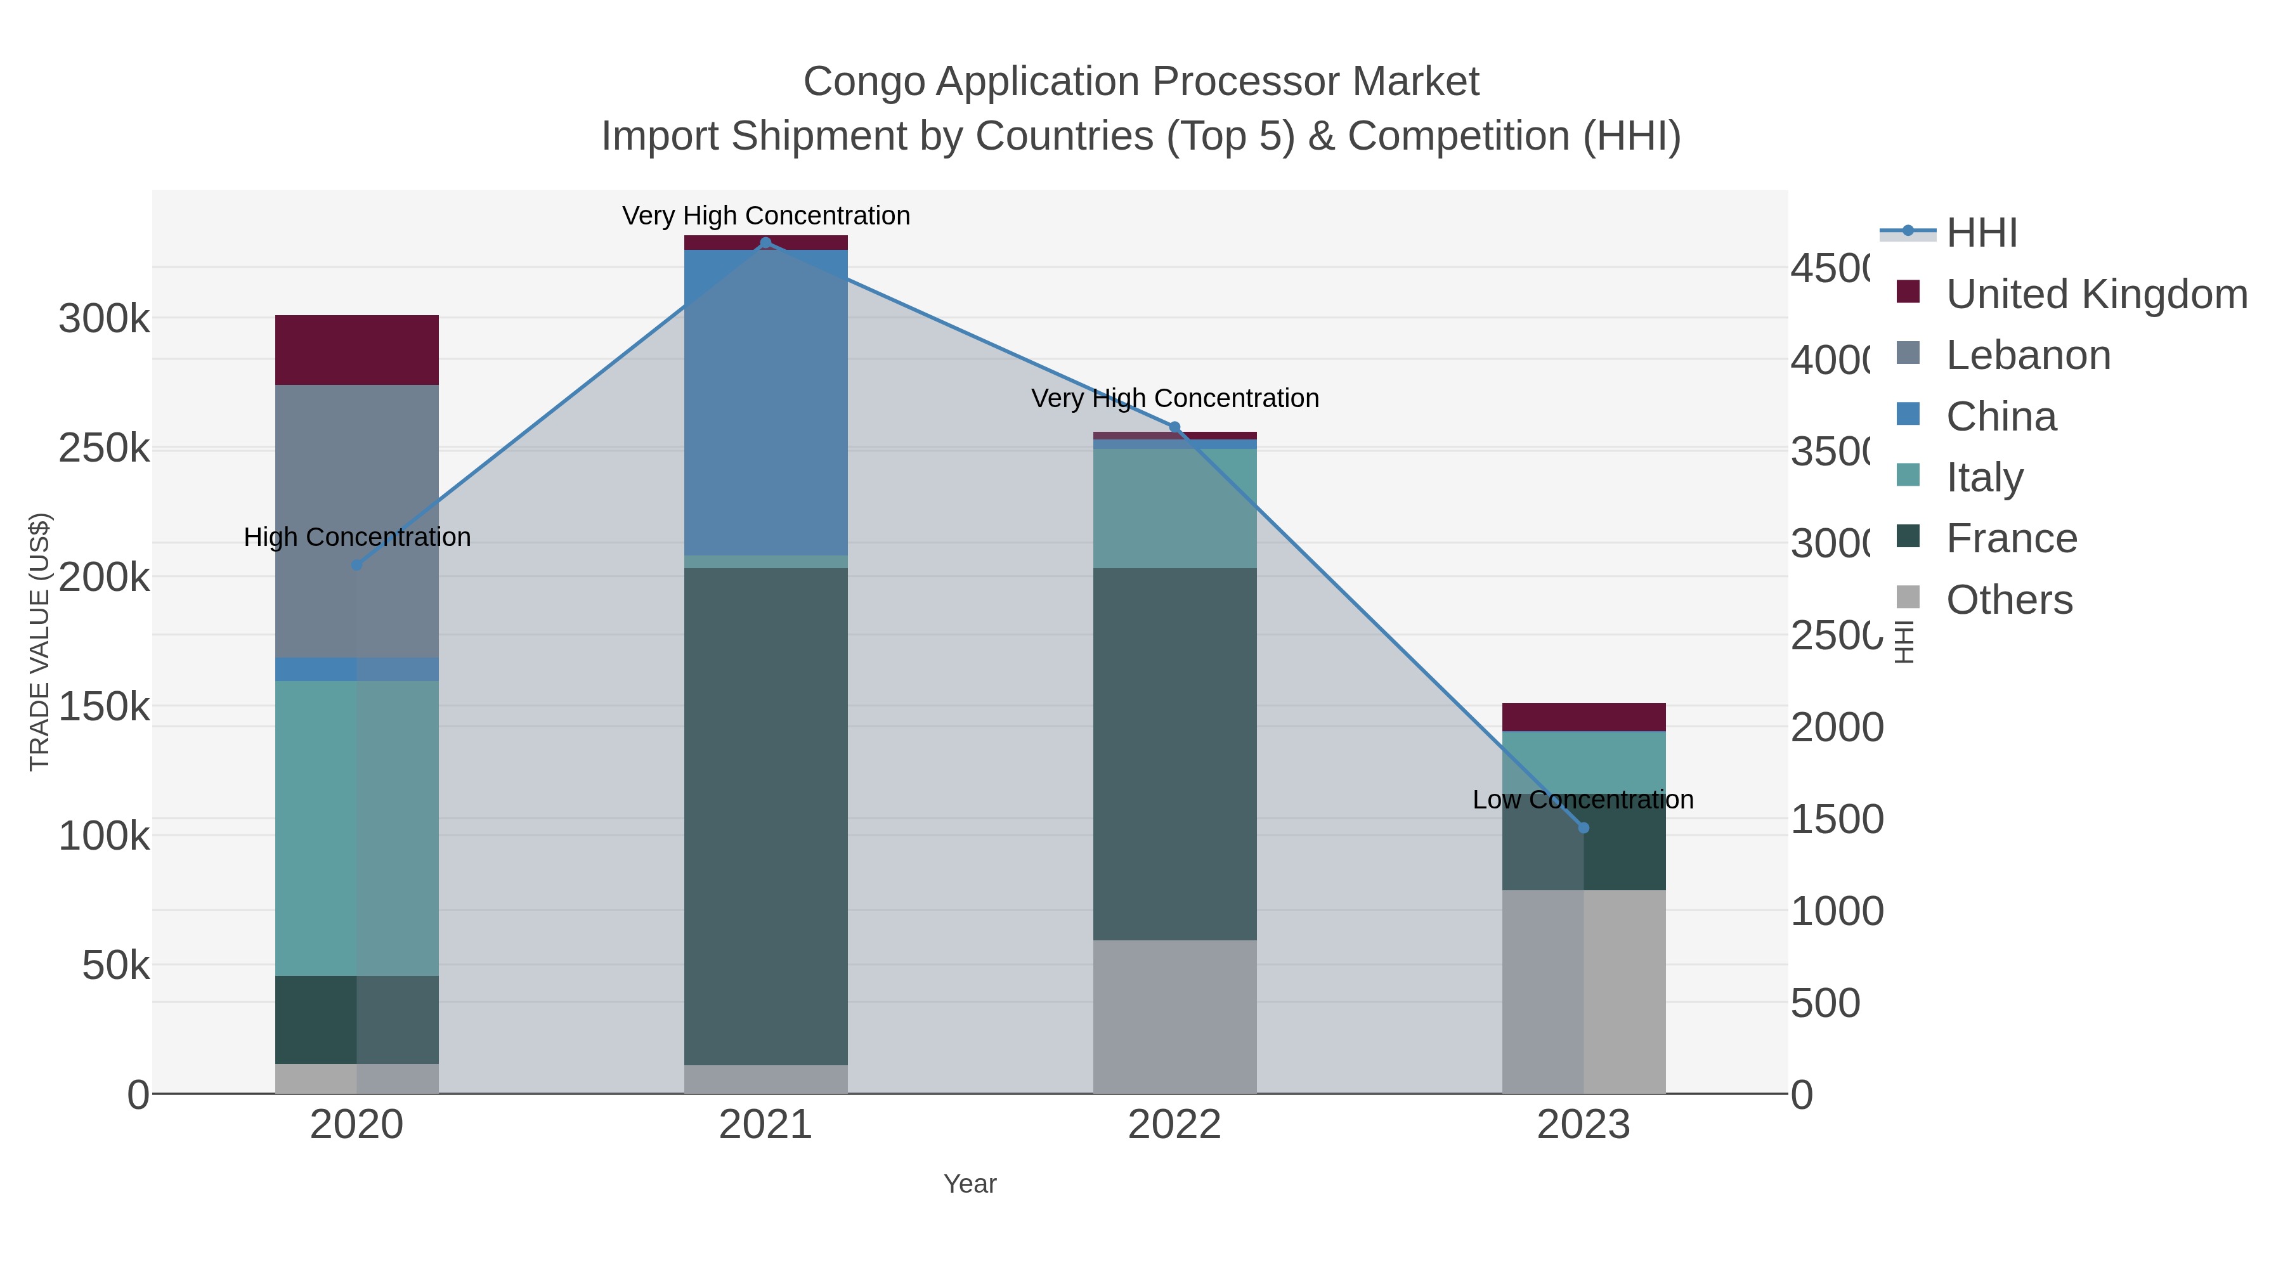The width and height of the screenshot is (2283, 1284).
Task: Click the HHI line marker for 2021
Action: pos(765,243)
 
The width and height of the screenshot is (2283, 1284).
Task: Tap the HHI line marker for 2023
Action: pos(1584,827)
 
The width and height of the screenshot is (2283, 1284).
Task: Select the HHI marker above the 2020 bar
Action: pos(357,566)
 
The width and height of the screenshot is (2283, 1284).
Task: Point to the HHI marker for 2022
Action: pos(1175,427)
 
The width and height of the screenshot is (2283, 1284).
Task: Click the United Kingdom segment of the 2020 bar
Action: pos(357,350)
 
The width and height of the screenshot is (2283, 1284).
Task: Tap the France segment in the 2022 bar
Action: pos(1175,753)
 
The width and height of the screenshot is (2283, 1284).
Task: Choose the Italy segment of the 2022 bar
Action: pos(1175,509)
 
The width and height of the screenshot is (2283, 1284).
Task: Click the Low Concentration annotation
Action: pos(1583,800)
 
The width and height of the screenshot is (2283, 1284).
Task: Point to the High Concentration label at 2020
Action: pos(357,538)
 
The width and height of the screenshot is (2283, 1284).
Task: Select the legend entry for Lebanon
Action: pos(2028,355)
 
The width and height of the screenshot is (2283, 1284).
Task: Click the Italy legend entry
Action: pos(1984,477)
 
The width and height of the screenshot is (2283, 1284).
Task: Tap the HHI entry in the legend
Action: pos(1982,233)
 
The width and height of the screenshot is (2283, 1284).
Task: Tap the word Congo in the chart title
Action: pos(865,82)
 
